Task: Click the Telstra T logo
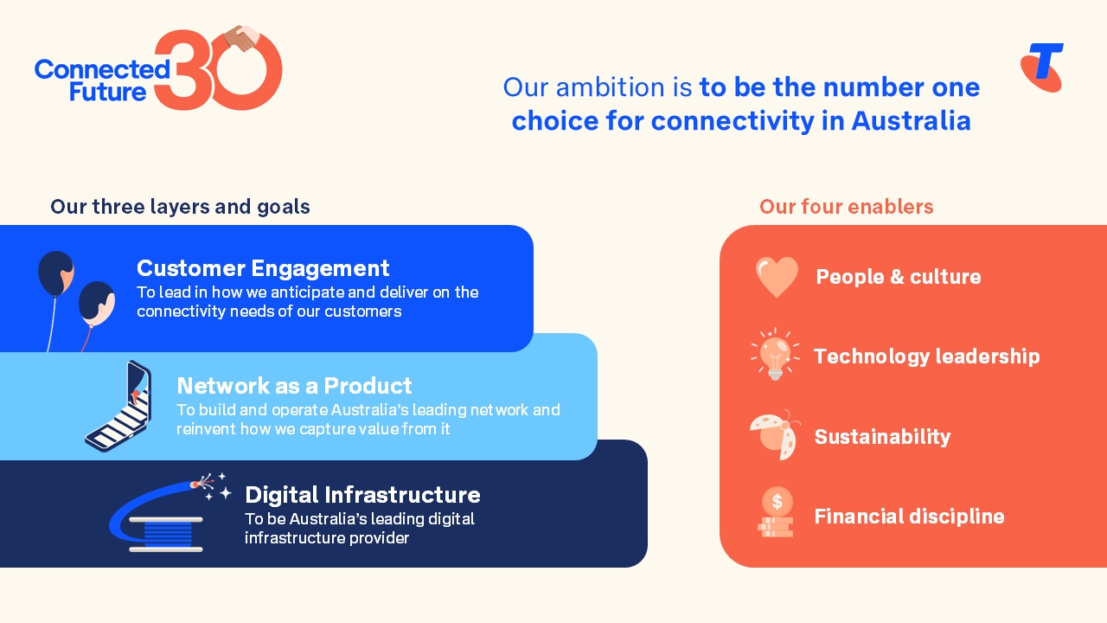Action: (x=1042, y=67)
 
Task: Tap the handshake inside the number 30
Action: (x=240, y=38)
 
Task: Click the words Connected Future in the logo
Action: (x=101, y=80)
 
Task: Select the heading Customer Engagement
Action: (x=263, y=267)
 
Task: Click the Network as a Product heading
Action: (x=294, y=385)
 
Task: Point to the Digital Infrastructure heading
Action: (x=362, y=494)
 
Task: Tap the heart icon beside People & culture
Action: (x=777, y=277)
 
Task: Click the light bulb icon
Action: (x=775, y=355)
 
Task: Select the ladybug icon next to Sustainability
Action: (x=775, y=435)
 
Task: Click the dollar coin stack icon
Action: (x=776, y=512)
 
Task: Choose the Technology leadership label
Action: (x=926, y=356)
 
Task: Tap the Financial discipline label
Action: (x=909, y=517)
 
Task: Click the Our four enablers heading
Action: (x=846, y=207)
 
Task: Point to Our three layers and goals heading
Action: (x=180, y=207)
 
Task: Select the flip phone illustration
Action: (x=119, y=406)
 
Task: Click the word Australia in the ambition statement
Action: (x=911, y=120)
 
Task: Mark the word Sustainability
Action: (x=882, y=436)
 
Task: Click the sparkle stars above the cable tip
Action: (x=217, y=487)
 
